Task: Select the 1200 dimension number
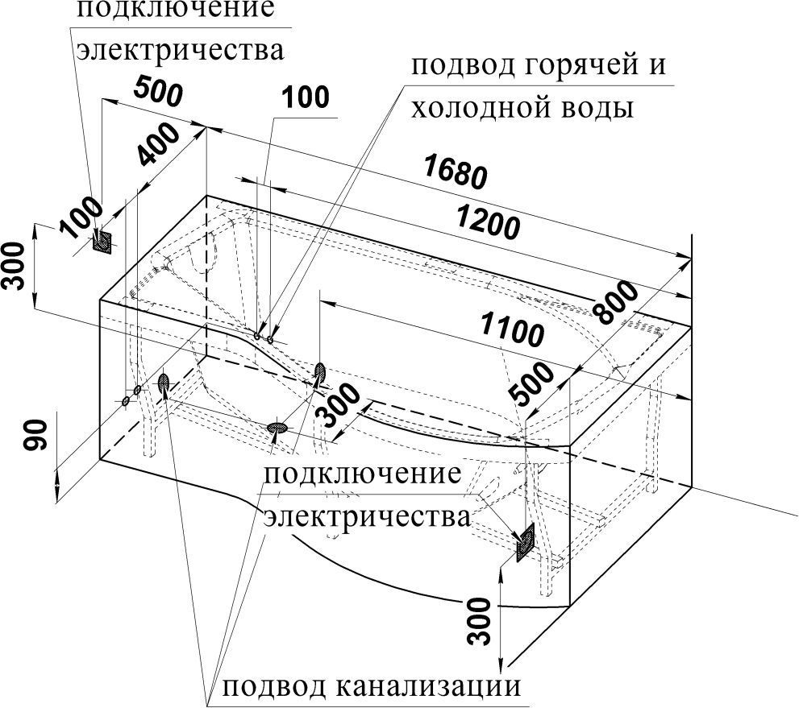(x=486, y=222)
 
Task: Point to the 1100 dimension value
(x=510, y=330)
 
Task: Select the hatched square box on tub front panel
(x=525, y=542)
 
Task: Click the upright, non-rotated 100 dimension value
(x=306, y=97)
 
